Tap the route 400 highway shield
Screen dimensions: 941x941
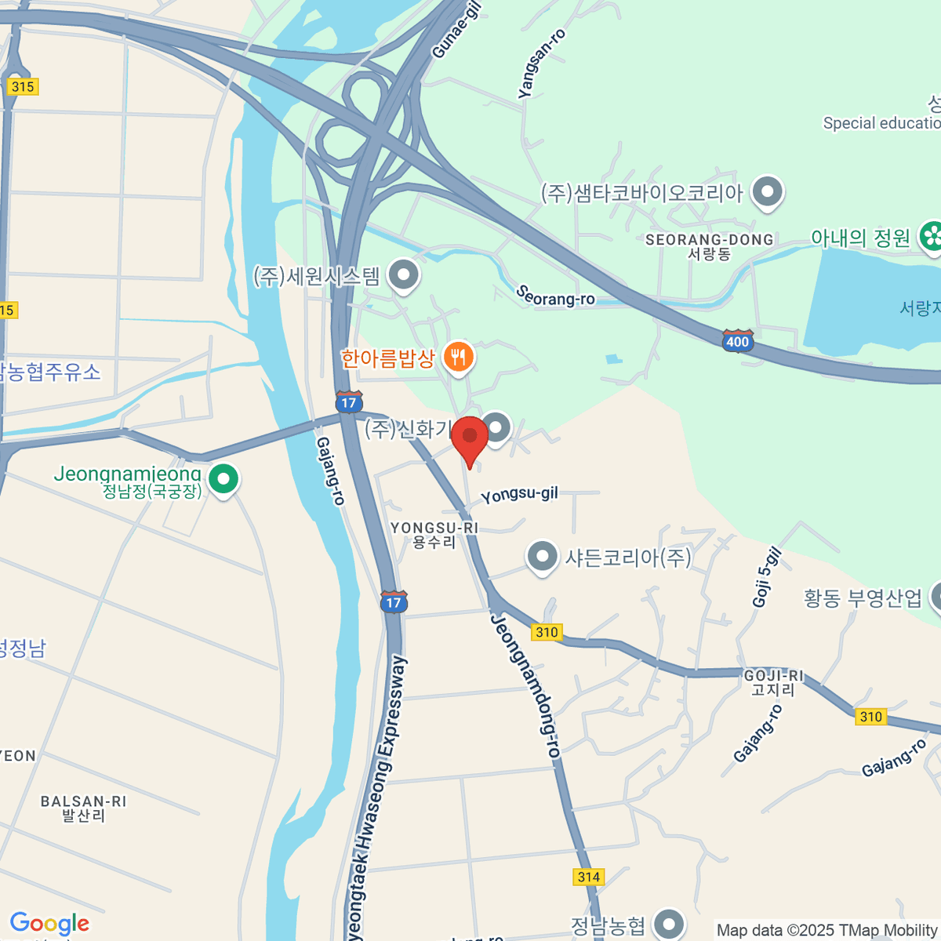pyautogui.click(x=737, y=341)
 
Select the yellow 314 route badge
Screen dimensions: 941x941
pyautogui.click(x=588, y=877)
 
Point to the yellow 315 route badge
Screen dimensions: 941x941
pyautogui.click(x=23, y=86)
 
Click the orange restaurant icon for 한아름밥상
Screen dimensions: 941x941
pyautogui.click(x=458, y=358)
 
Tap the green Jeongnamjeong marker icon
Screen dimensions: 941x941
pyautogui.click(x=223, y=479)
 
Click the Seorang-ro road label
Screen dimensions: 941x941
pyautogui.click(x=555, y=296)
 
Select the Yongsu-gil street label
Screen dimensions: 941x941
pyautogui.click(x=519, y=495)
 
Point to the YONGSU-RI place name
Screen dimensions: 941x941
pyautogui.click(x=434, y=535)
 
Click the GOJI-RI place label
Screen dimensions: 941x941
pyautogui.click(x=773, y=682)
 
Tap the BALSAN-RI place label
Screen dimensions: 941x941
pyautogui.click(x=83, y=808)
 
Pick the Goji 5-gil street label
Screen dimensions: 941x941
pyautogui.click(x=766, y=577)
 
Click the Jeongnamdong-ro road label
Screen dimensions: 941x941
pyautogui.click(x=525, y=685)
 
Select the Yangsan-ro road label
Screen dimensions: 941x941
pyautogui.click(x=541, y=64)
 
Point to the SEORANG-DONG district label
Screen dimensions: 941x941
pyautogui.click(x=709, y=246)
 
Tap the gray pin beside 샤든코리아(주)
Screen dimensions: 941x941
pyautogui.click(x=542, y=557)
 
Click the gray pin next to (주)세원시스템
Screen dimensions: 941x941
pyautogui.click(x=405, y=275)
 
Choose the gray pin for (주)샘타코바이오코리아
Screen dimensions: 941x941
pyautogui.click(x=768, y=191)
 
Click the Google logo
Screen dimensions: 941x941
pyautogui.click(x=49, y=924)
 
